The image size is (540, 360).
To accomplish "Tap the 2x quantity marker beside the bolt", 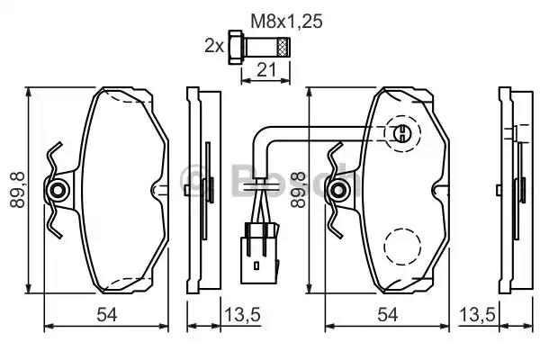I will [x=213, y=43].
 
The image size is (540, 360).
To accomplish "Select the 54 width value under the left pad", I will [x=107, y=314].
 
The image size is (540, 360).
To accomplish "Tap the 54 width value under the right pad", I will [x=388, y=314].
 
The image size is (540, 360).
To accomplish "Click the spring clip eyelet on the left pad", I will [x=59, y=190].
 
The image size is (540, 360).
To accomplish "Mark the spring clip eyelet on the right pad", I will [x=340, y=190].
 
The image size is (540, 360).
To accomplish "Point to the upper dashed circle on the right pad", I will [x=402, y=135].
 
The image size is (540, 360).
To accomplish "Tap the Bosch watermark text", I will [x=270, y=179].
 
